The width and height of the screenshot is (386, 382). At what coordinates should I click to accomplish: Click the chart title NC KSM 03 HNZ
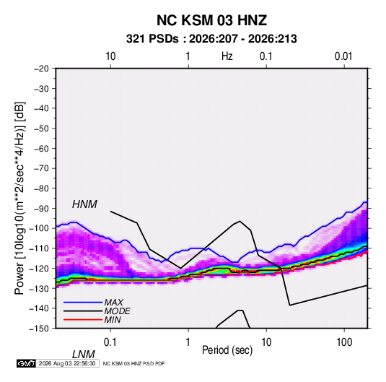coord(211,20)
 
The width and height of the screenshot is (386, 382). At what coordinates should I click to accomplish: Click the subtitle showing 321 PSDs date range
coord(211,39)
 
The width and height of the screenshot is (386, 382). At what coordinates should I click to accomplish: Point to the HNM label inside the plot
coord(84,204)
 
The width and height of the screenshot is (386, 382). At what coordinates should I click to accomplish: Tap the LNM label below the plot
coord(84,355)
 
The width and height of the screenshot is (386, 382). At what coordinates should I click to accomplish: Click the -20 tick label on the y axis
coord(41,69)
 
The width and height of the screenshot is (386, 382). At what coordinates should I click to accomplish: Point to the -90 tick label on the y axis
coord(41,209)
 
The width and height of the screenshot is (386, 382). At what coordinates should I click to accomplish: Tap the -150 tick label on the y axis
coord(39,329)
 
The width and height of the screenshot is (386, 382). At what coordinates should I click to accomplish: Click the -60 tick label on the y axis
coord(41,149)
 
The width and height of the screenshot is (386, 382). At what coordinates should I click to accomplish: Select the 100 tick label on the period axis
coord(344,342)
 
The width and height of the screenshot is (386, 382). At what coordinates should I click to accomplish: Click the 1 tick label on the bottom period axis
coord(188,342)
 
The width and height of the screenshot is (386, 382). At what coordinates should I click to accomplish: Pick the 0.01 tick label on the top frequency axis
coord(343,56)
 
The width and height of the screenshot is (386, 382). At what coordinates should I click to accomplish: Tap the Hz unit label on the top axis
coord(227,56)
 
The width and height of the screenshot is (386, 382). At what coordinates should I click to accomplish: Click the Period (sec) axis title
coord(227,350)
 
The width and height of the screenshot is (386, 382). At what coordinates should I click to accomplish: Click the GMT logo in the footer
coord(27,363)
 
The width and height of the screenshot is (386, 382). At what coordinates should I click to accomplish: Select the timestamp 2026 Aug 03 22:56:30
coord(67,363)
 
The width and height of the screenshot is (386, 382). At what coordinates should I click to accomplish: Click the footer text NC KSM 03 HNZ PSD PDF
coord(133,363)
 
